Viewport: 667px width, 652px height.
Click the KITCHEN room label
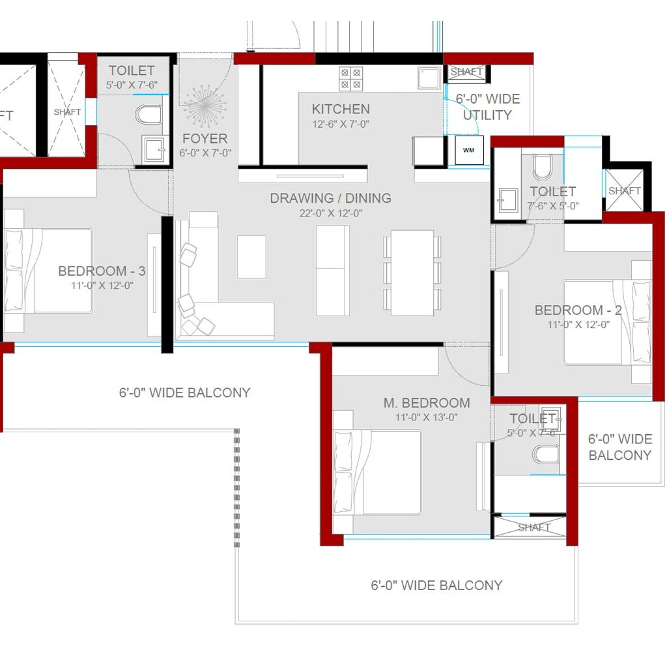click(x=340, y=109)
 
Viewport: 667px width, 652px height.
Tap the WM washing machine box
click(x=469, y=150)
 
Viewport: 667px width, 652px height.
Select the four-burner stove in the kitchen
click(x=350, y=79)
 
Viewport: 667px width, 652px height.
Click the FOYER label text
click(x=205, y=138)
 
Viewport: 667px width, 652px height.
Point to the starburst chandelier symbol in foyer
click(x=204, y=108)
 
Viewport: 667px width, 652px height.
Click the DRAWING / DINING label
click(x=330, y=198)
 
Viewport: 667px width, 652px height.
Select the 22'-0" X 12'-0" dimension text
click(x=330, y=213)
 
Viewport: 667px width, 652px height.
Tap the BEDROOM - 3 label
click(x=102, y=271)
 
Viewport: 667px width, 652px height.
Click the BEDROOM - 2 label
click(x=578, y=310)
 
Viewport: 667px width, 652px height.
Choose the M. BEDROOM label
click(x=426, y=403)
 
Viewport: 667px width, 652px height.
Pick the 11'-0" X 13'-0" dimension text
click(x=426, y=417)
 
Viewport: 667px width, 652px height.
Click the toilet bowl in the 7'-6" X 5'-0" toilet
click(x=543, y=168)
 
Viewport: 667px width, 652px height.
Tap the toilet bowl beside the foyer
click(x=149, y=115)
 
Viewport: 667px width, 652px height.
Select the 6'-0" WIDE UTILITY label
click(x=487, y=107)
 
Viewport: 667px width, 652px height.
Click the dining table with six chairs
click(x=412, y=273)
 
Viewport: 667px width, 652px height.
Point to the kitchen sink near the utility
click(x=429, y=79)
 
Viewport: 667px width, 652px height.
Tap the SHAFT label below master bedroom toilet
click(x=534, y=527)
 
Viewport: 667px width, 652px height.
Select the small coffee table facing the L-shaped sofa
click(x=251, y=256)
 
